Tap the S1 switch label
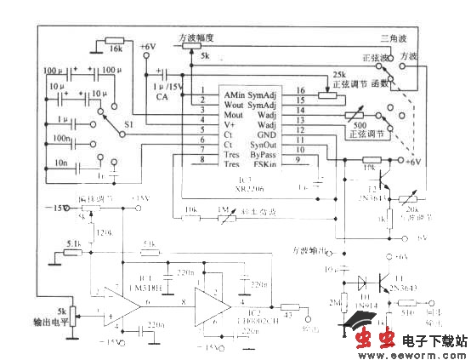[x=129, y=125]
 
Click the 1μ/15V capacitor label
[x=167, y=87]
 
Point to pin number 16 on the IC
[x=299, y=90]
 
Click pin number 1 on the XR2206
[x=202, y=90]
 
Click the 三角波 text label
[x=394, y=38]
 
